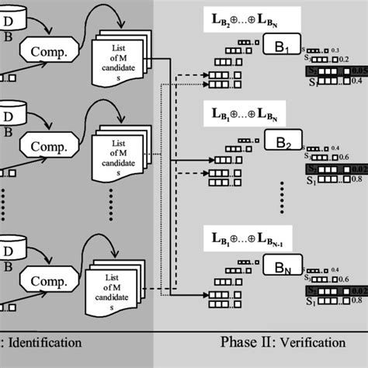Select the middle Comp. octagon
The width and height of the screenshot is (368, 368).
coord(49,145)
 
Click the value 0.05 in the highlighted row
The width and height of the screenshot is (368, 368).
coord(359,71)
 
